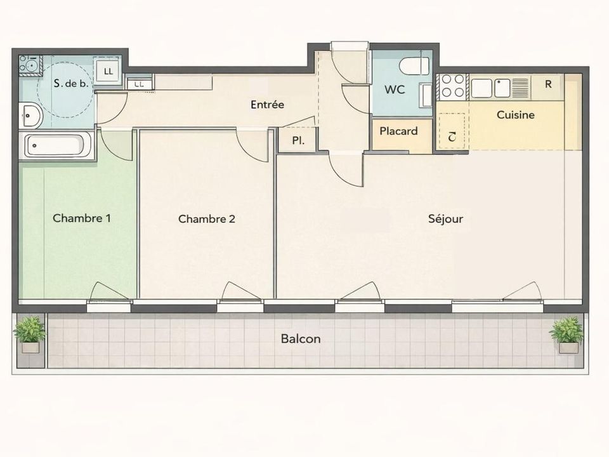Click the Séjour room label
[x=445, y=219]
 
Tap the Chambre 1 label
[x=82, y=218]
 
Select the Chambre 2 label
[x=207, y=219]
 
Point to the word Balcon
[x=301, y=339]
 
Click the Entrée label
[x=267, y=104]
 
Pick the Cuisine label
[x=515, y=115]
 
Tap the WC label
[x=395, y=89]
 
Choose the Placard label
[x=398, y=131]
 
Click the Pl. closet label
[x=298, y=140]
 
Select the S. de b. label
[x=71, y=83]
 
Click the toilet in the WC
[x=414, y=66]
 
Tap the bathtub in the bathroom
[x=56, y=145]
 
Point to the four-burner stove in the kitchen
[x=452, y=86]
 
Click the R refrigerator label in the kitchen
[x=548, y=84]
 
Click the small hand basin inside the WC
[x=427, y=95]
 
